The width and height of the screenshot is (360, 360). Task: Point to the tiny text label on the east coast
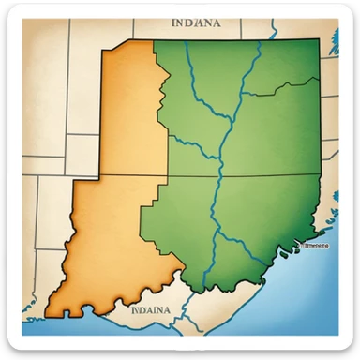click(313, 245)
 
